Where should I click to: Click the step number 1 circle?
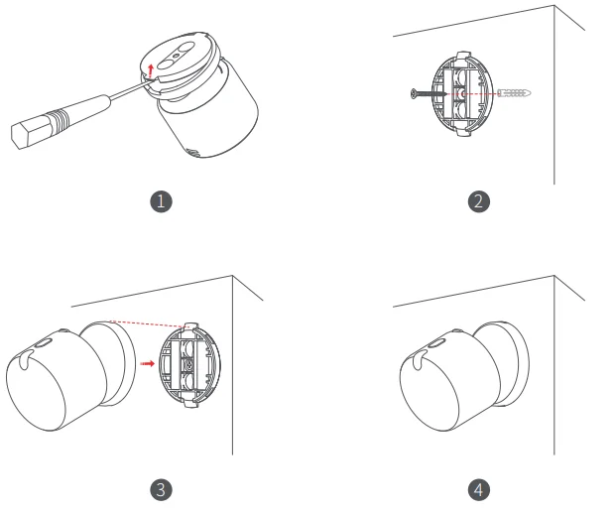(161, 201)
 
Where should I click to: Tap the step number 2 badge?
(479, 201)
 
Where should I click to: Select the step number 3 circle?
(161, 489)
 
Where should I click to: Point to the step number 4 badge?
(479, 489)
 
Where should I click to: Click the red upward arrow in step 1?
(151, 70)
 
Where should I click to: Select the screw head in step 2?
(414, 93)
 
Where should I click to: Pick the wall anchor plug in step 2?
(514, 93)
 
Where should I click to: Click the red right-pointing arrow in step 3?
(148, 363)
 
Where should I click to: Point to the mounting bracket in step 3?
(189, 365)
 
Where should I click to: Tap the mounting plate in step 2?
(462, 93)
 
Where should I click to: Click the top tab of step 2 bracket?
(464, 55)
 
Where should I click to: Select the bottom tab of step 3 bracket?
(190, 403)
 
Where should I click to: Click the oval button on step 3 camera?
(43, 344)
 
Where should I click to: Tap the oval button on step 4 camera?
(435, 344)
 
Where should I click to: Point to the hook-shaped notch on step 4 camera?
(419, 360)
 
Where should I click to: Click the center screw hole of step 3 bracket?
(189, 365)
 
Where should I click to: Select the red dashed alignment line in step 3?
(150, 323)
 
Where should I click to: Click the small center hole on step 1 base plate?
(176, 56)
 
